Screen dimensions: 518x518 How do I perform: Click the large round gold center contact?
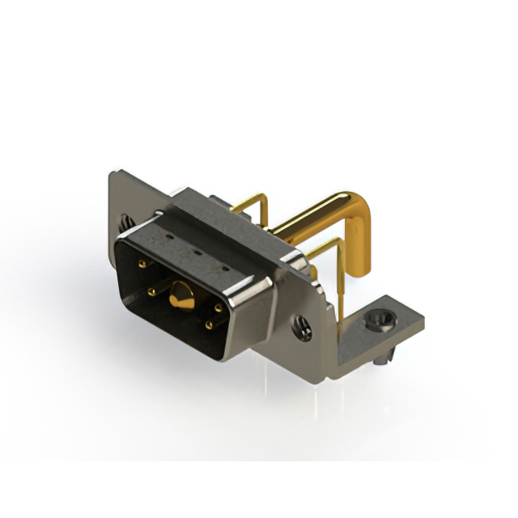coord(179,299)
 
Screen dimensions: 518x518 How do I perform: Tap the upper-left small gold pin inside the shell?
coord(142,264)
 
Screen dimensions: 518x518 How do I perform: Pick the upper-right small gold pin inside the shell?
coord(219,308)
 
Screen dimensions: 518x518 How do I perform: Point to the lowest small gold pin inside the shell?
coord(209,325)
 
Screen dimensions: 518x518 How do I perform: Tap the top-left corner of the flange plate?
coord(113,173)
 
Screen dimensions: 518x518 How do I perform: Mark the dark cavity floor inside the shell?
coord(174,324)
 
